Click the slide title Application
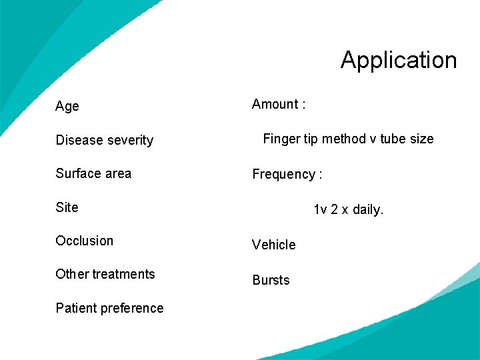tap(399, 60)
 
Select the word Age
tap(67, 107)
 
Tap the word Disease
tap(77, 140)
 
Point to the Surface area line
tap(93, 173)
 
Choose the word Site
tap(67, 207)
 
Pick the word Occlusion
tap(85, 241)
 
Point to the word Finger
tap(281, 139)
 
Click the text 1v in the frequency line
tap(320, 210)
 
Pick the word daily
tap(368, 210)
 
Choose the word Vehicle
tap(273, 245)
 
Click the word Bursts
tap(271, 280)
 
